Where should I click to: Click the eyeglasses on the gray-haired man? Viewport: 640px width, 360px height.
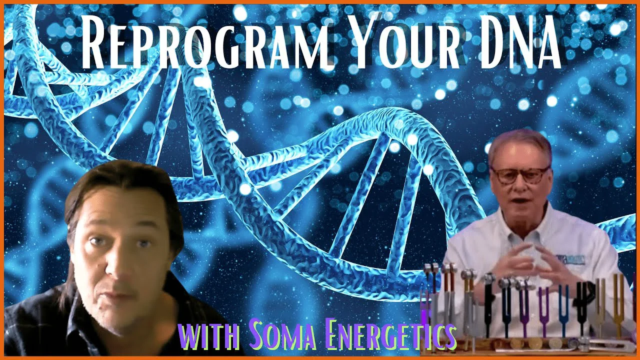coord(519,175)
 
